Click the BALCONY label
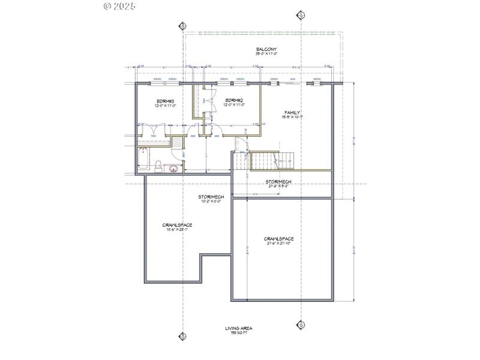[x=266, y=49]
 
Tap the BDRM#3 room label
[x=165, y=100]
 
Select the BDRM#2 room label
[x=234, y=100]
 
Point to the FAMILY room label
[x=292, y=112]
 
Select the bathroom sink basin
[x=173, y=169]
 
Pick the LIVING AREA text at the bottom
[x=239, y=328]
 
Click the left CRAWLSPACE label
[x=177, y=225]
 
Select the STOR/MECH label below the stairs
[x=279, y=181]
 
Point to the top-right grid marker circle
[x=302, y=15]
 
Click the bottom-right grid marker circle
[x=302, y=325]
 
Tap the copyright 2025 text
[x=119, y=6]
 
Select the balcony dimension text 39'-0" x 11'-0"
[x=266, y=55]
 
